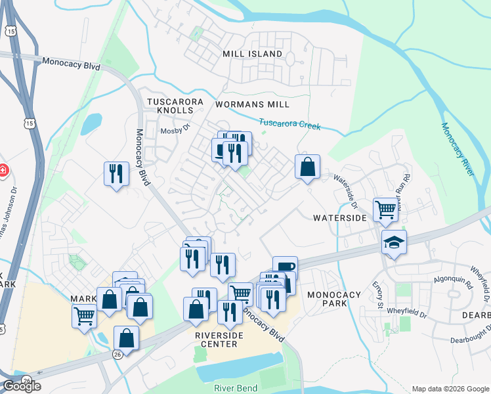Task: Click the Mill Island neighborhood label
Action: tap(252, 54)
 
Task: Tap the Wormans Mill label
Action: tap(252, 104)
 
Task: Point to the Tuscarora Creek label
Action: tap(289, 123)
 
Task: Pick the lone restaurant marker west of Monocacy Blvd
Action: tap(116, 174)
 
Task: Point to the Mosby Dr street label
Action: tap(175, 131)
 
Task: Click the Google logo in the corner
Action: tap(21, 387)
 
